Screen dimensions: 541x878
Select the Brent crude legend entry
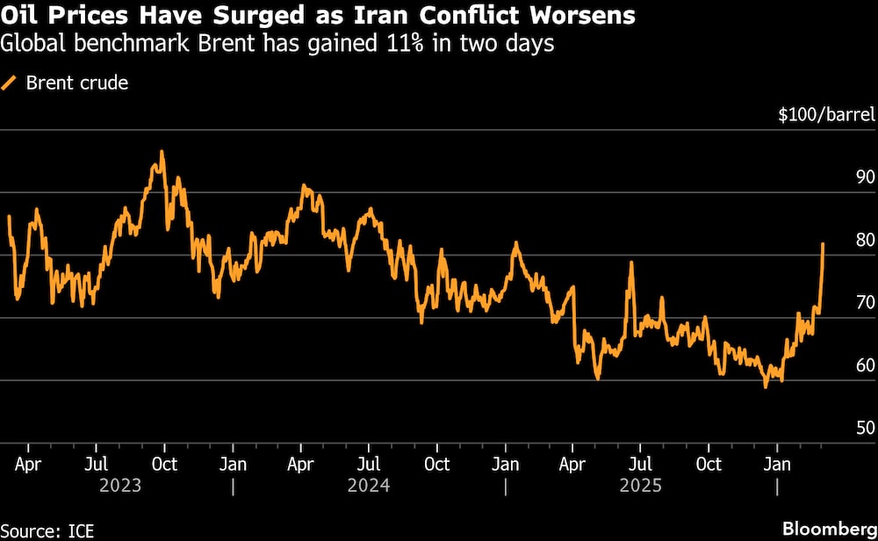point(77,83)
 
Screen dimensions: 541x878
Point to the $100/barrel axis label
point(825,115)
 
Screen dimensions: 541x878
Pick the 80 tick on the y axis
point(864,240)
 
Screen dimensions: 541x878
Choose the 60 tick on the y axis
point(864,365)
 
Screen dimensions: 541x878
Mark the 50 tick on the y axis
point(864,428)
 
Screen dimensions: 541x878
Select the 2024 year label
point(369,486)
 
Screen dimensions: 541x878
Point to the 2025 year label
point(641,486)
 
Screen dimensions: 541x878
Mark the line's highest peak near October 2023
point(162,151)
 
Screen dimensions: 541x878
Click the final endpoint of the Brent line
point(823,244)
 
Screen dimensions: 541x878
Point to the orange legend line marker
point(11,83)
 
